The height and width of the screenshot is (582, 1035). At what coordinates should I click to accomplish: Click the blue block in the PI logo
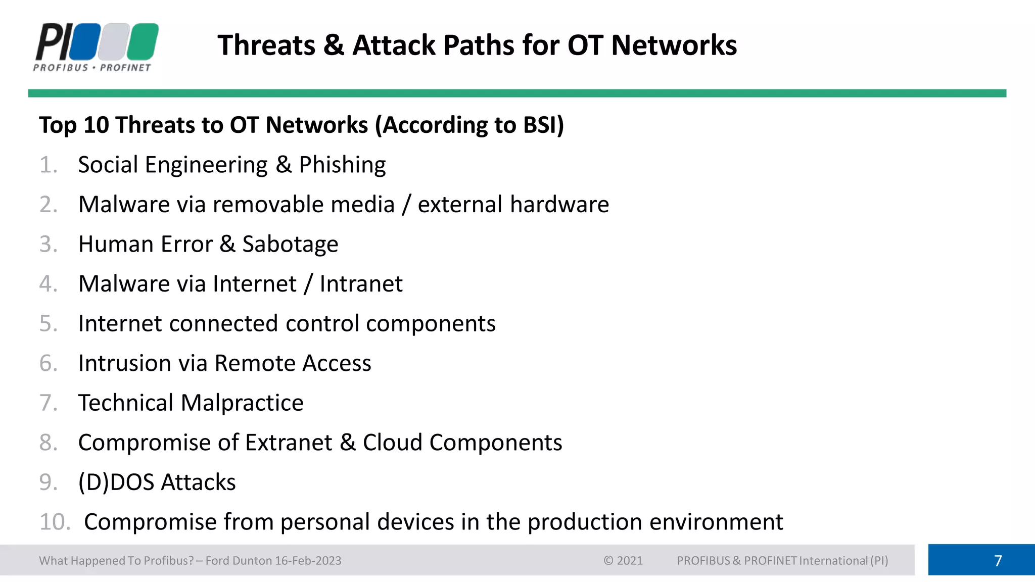(85, 41)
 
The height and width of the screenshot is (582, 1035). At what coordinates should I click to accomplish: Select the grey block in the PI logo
(114, 41)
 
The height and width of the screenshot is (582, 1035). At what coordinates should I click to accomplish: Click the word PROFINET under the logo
(125, 68)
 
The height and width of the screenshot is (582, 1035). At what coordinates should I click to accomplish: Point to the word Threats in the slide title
(266, 45)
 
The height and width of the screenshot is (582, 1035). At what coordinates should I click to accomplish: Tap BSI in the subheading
(543, 125)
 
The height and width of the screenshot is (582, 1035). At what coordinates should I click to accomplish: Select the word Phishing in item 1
(342, 165)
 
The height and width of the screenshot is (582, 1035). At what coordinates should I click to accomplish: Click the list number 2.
(48, 205)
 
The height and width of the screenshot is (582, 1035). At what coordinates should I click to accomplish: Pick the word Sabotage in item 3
(290, 245)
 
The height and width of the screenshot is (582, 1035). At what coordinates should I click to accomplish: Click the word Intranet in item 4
(361, 284)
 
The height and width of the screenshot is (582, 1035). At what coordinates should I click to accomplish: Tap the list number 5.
(48, 324)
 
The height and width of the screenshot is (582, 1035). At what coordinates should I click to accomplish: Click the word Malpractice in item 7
(242, 403)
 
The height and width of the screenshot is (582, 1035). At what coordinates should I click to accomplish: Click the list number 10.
(55, 522)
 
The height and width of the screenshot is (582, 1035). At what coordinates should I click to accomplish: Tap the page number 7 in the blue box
(998, 561)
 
